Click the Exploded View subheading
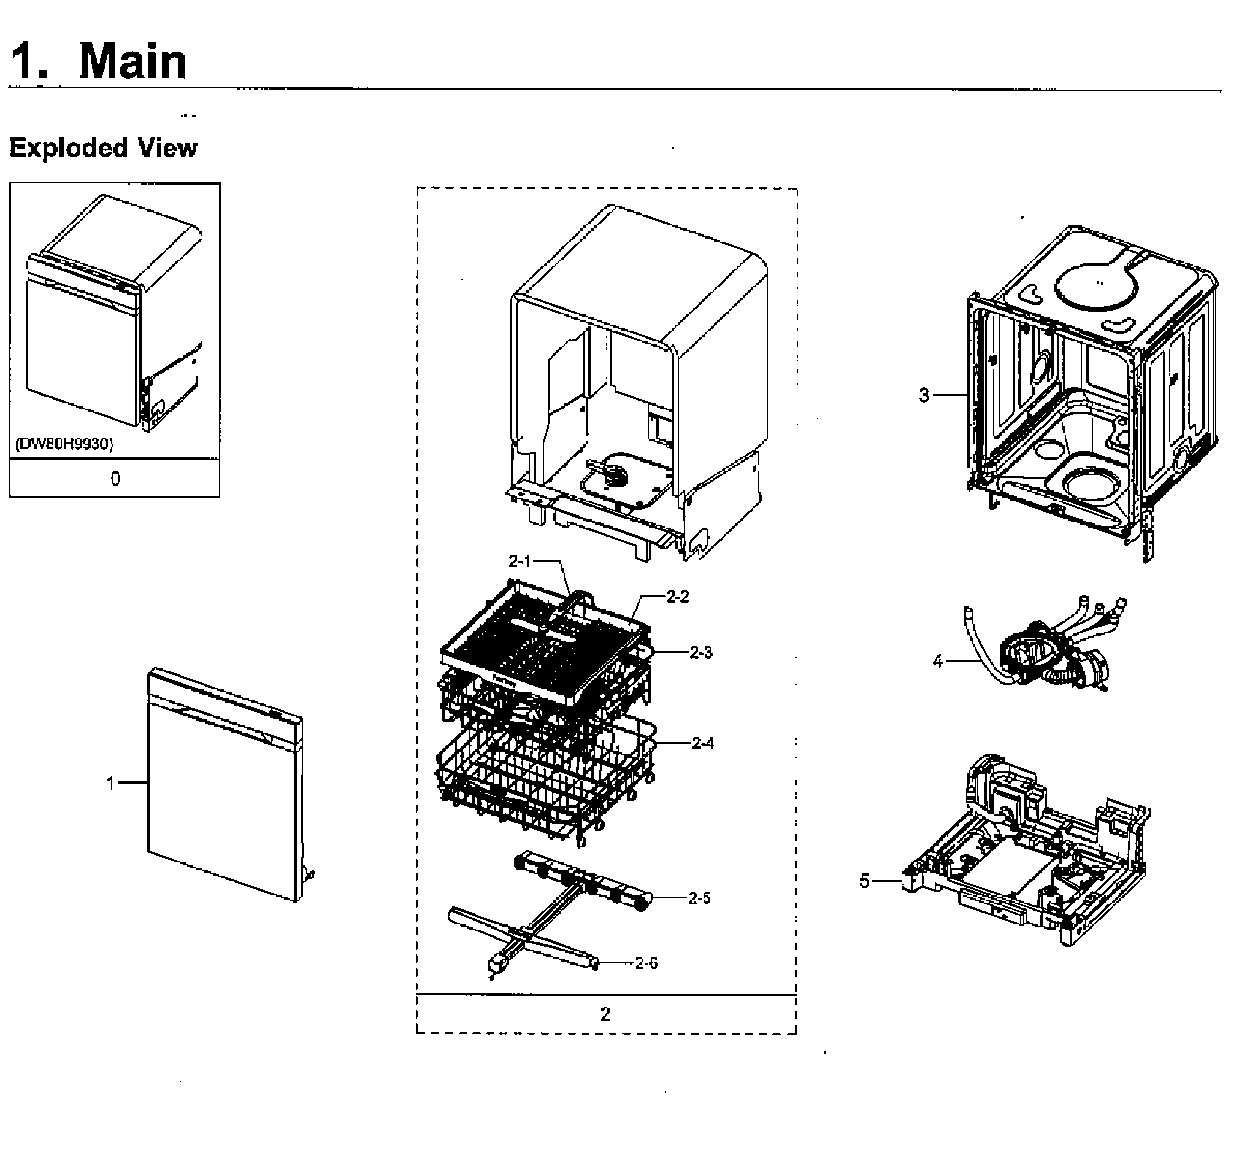pos(103,148)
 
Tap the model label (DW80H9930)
pos(63,444)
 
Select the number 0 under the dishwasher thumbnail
pos(115,479)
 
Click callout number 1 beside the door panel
pos(110,783)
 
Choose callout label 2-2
pos(678,597)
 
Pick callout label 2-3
pos(701,652)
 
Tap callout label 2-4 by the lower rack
pos(702,743)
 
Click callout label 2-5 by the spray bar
pos(699,898)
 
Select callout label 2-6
pos(646,963)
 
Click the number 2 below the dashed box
pos(605,1014)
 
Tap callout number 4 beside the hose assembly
pos(938,661)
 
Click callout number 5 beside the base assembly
pos(864,881)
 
